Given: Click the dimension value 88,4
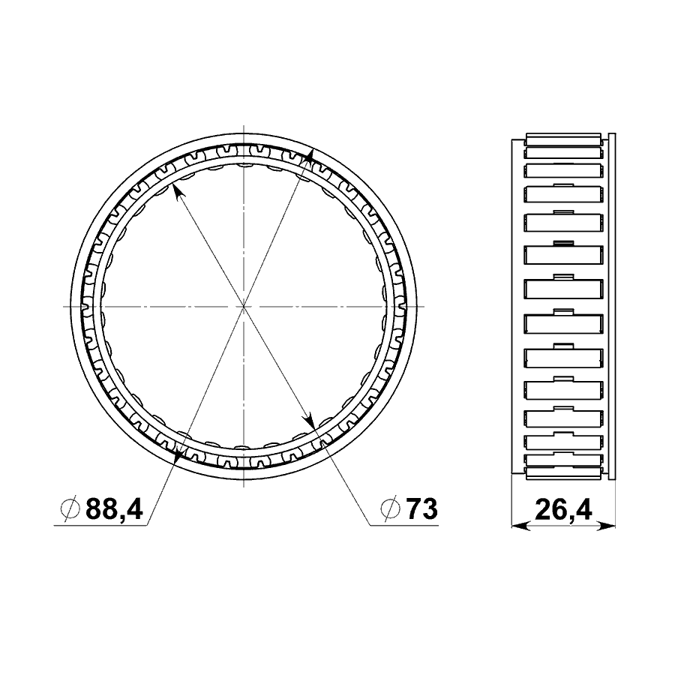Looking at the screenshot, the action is [114, 509].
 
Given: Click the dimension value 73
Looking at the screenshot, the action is [421, 509].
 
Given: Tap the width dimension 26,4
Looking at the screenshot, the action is [563, 510].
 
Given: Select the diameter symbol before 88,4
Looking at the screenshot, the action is [70, 510].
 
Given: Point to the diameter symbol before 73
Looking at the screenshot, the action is [391, 510].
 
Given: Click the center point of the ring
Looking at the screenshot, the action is [244, 306].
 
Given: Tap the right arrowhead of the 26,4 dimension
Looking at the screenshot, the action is [606, 525].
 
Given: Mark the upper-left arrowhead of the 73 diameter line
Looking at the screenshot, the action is [177, 191].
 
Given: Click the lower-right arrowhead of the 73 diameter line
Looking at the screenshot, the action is [309, 418].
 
